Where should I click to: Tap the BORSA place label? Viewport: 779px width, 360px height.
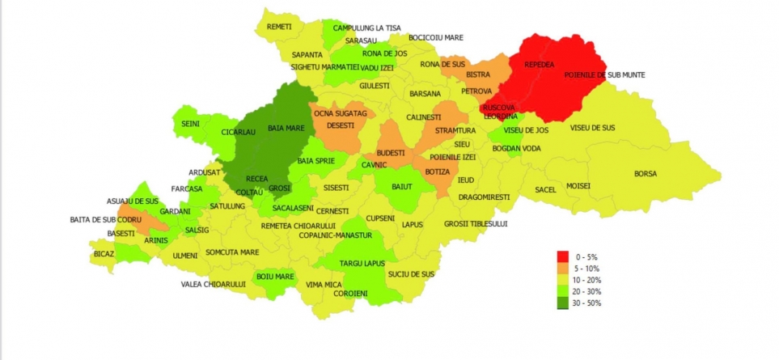pyautogui.click(x=645, y=174)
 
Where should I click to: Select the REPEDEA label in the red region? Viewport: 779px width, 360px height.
pyautogui.click(x=540, y=65)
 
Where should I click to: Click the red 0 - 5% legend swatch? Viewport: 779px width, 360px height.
pyautogui.click(x=562, y=256)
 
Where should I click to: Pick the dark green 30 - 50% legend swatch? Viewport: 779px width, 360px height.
pyautogui.click(x=562, y=303)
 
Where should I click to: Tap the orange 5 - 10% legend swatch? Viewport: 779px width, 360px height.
pyautogui.click(x=562, y=269)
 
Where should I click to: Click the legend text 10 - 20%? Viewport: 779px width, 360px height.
pyautogui.click(x=587, y=280)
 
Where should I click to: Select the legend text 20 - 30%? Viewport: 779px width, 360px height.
pyautogui.click(x=587, y=291)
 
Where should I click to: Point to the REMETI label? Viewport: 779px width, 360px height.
pyautogui.click(x=279, y=27)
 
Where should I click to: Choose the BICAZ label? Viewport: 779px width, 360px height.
pyautogui.click(x=104, y=253)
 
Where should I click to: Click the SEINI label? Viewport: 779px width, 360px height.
pyautogui.click(x=191, y=124)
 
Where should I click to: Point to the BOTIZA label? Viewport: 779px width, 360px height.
pyautogui.click(x=436, y=172)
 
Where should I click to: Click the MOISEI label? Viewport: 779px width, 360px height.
pyautogui.click(x=578, y=186)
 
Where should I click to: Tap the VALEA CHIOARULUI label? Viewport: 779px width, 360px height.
pyautogui.click(x=213, y=284)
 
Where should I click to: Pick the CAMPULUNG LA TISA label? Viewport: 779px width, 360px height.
pyautogui.click(x=366, y=28)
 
